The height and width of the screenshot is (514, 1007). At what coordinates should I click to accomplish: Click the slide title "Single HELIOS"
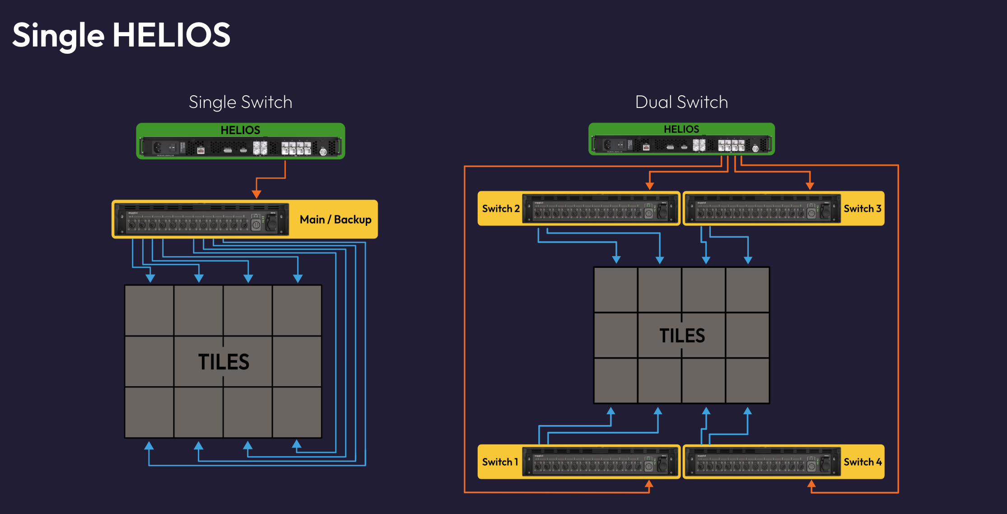tap(121, 35)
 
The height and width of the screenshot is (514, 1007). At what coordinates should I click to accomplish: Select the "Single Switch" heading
tap(240, 102)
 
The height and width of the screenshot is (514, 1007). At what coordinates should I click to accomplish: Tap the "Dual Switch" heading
tap(681, 102)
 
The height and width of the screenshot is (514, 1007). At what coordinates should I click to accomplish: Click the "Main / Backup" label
tap(335, 220)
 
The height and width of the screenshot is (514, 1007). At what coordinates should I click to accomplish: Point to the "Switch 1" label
tap(500, 462)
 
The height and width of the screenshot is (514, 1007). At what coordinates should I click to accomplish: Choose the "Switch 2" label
tap(500, 208)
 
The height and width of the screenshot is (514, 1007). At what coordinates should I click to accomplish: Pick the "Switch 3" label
tap(862, 208)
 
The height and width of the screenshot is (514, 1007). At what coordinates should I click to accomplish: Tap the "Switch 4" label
tap(862, 462)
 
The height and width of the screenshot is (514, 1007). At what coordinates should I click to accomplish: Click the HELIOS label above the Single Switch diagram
tap(240, 130)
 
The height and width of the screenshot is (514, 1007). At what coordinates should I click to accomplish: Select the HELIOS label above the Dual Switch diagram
tap(681, 129)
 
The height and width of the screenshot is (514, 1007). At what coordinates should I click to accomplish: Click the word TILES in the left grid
tap(224, 362)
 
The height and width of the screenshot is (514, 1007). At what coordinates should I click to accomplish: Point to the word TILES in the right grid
tap(682, 336)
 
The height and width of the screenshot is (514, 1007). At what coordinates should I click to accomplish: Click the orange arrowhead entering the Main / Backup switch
tap(256, 194)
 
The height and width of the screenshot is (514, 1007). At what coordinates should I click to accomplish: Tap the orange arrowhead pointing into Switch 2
tap(649, 186)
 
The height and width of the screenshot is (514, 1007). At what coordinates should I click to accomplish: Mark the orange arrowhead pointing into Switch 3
tap(810, 186)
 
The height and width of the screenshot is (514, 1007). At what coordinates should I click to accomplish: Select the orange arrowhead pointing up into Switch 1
tap(649, 484)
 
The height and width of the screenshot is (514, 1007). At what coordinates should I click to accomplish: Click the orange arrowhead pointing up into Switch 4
tap(811, 484)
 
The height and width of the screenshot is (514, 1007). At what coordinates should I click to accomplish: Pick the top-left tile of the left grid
tap(149, 310)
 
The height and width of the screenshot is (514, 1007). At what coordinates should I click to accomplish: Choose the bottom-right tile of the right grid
tap(747, 381)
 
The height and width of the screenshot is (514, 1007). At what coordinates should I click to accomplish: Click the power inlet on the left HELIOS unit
tap(158, 147)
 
